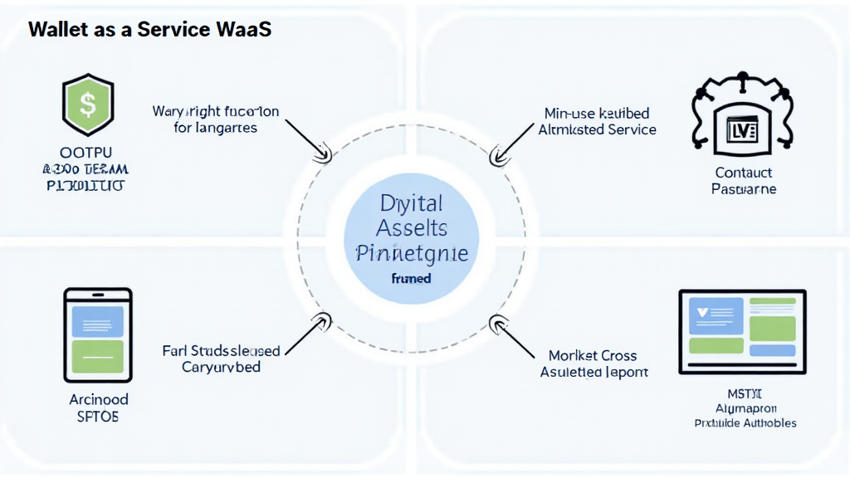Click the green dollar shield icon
click(87, 106)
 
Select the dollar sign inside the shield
click(87, 105)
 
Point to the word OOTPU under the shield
click(87, 153)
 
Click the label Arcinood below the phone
click(98, 399)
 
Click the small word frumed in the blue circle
click(411, 279)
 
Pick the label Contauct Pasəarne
click(743, 181)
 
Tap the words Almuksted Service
click(597, 129)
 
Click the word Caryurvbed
click(221, 367)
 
